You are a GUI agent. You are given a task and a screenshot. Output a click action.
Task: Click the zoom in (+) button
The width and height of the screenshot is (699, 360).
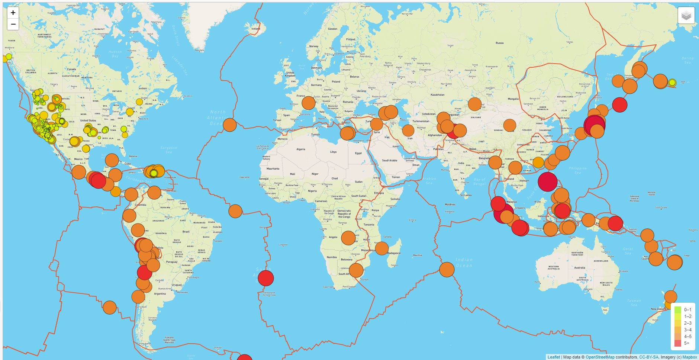click(x=13, y=13)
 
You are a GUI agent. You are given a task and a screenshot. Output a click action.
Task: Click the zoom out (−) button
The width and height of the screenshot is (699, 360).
click(x=13, y=25)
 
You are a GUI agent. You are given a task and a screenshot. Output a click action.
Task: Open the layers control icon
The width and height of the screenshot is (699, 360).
click(x=686, y=16)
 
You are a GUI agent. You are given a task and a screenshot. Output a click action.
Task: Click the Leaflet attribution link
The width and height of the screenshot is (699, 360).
click(x=554, y=357)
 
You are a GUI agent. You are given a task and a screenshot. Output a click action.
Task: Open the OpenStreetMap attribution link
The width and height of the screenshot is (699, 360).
click(x=600, y=357)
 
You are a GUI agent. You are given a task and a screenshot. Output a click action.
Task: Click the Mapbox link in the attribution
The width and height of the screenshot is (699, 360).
click(x=690, y=357)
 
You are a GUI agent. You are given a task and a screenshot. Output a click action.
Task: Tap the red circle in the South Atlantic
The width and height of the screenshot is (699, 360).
click(x=266, y=278)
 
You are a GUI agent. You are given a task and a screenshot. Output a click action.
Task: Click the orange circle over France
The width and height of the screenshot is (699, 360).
click(x=309, y=103)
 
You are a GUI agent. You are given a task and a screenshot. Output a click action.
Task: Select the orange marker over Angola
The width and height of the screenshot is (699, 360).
click(x=348, y=238)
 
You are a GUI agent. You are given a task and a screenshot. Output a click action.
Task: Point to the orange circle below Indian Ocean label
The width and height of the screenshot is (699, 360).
click(x=447, y=270)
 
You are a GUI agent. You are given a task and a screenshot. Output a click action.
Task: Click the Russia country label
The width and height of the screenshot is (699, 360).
click(x=500, y=43)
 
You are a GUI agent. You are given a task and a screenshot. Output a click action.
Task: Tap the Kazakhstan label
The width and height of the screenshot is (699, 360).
click(x=438, y=95)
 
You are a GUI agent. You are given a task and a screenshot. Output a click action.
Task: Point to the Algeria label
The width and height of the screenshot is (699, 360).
click(x=301, y=149)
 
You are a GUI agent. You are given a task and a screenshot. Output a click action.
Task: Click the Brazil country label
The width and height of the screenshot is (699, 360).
click(x=186, y=232)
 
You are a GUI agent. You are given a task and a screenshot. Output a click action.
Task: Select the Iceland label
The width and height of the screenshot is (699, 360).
click(x=256, y=29)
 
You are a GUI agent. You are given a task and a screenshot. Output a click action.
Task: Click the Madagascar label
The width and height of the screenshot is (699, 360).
click(x=394, y=253)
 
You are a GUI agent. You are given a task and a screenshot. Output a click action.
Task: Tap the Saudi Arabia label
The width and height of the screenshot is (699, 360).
click(x=390, y=161)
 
